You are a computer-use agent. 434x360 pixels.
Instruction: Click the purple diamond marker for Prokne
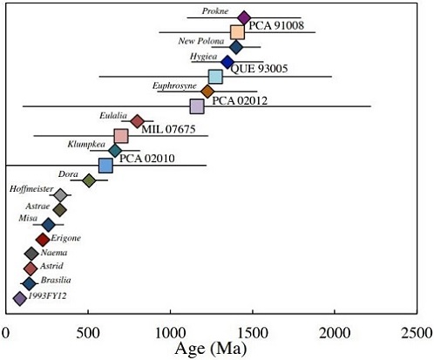244,17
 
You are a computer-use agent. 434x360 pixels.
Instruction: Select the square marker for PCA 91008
237,32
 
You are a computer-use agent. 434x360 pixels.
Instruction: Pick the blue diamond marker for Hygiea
227,62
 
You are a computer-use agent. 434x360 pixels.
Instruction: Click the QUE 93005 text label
260,68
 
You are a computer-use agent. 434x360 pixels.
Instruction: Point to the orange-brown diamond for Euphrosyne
207,92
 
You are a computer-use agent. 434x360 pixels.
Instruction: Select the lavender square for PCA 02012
197,106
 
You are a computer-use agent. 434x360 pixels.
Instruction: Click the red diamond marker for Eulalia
137,121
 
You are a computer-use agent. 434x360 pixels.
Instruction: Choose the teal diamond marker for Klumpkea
115,150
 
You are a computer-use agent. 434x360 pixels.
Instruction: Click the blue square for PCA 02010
105,166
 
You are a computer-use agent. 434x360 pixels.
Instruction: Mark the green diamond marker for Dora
89,180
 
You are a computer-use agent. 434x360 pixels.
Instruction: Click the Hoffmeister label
31,188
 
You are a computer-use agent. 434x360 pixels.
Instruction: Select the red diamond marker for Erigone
43,239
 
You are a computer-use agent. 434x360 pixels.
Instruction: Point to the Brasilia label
56,280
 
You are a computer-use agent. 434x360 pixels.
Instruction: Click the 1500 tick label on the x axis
253,333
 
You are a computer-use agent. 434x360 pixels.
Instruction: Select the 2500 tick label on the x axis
417,333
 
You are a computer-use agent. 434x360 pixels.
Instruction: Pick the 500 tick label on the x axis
88,333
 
